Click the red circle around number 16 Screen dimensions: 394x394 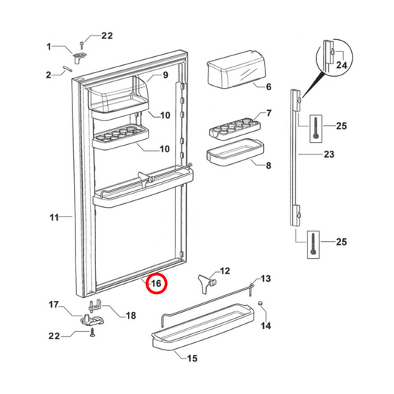tap(156, 283)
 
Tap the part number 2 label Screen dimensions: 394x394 tap(49, 74)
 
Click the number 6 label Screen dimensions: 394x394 tap(268, 86)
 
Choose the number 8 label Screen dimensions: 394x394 tap(268, 166)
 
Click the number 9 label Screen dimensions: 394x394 tap(166, 75)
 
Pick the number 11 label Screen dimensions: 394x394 tap(53, 217)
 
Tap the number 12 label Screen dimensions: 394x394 tap(225, 271)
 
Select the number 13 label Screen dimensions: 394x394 tap(266, 279)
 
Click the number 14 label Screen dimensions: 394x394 tap(267, 326)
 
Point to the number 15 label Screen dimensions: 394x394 tap(191, 359)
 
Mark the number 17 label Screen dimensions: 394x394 tap(53, 305)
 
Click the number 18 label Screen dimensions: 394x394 tap(131, 316)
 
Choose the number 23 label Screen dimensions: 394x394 tap(329, 154)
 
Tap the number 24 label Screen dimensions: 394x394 tap(341, 65)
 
